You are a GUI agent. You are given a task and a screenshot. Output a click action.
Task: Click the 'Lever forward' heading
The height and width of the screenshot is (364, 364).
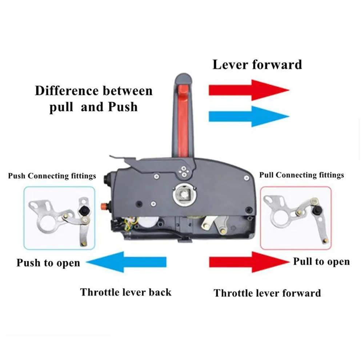coord(257,64)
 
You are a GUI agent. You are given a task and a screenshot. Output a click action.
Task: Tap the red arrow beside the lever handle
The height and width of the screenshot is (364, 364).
coord(249,90)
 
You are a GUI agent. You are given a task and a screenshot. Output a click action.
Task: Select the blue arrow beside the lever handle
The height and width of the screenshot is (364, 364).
coord(249,116)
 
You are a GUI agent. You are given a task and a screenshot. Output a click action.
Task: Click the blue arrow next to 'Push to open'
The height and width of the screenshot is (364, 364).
coord(126,262)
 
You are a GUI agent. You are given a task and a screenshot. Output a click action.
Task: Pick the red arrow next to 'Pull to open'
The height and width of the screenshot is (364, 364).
coord(249,262)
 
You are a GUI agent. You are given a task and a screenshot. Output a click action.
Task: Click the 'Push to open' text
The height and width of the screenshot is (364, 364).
coord(48,263)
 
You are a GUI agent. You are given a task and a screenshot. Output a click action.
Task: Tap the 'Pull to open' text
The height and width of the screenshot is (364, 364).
coord(321,261)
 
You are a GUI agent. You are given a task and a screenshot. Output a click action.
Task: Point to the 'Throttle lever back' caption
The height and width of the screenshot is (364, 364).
coord(125,292)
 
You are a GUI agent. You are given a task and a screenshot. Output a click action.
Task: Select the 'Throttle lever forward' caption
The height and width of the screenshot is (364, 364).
coord(267,293)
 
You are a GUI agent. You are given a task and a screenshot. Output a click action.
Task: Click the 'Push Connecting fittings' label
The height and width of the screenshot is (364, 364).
coord(52,176)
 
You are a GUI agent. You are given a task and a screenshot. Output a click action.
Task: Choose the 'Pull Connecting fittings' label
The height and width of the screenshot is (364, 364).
coord(301,175)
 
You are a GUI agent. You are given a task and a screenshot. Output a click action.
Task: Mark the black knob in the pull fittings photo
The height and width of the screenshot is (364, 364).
coord(316,210)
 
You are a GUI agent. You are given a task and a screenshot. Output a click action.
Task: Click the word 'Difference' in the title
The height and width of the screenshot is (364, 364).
coord(67,91)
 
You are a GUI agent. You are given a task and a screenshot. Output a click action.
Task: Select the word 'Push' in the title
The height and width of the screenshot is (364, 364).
coord(123,107)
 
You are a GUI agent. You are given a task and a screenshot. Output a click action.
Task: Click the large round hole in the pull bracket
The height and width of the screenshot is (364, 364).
coord(280,219)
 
